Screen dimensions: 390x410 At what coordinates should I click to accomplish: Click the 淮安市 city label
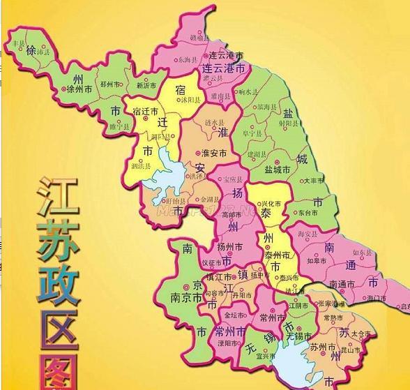point(213,153)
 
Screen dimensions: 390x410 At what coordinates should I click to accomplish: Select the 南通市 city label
point(343,284)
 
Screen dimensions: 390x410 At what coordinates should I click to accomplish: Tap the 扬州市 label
point(229,246)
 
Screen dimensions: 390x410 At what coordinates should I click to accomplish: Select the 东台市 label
point(308,212)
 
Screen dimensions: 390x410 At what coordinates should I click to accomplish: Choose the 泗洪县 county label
point(139,166)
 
